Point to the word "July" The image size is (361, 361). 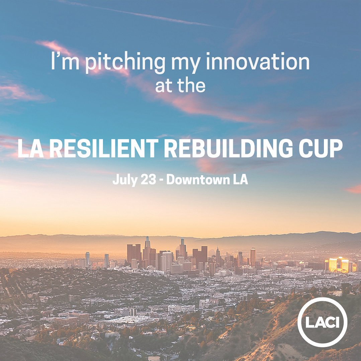pos(123,180)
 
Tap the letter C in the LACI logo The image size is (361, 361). pos(332,322)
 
